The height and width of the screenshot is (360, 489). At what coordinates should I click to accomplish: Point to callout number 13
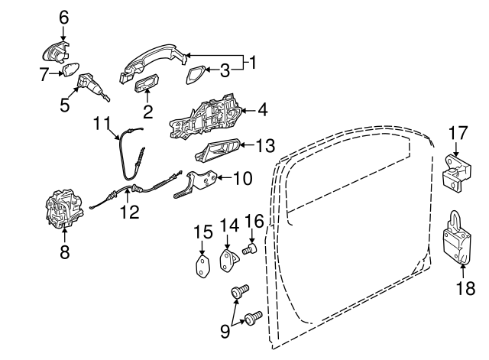coord(264,144)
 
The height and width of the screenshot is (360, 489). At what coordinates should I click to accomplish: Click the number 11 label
coord(103,122)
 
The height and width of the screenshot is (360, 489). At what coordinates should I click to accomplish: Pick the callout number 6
coord(63,15)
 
